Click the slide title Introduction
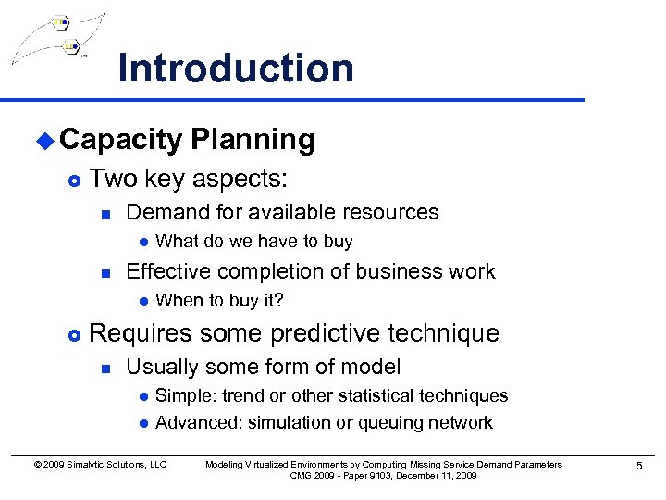tap(236, 69)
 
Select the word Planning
tap(253, 140)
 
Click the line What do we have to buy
tap(253, 242)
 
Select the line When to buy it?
tap(219, 301)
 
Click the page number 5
tap(638, 466)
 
